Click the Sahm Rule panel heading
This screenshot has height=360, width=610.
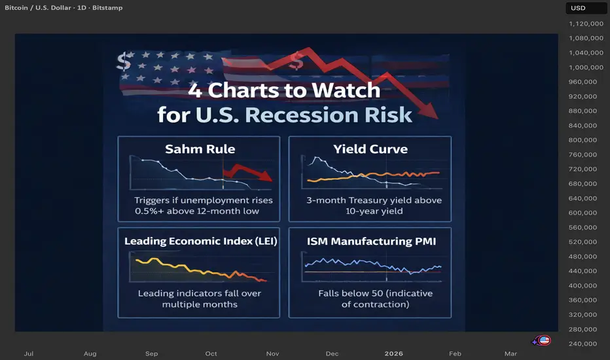click(200, 149)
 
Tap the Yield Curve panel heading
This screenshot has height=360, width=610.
click(370, 149)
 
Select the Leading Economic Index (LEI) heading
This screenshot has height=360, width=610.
click(200, 241)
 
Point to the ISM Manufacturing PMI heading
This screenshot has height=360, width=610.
click(370, 241)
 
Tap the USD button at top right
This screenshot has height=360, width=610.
click(579, 8)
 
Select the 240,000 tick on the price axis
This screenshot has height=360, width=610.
click(583, 344)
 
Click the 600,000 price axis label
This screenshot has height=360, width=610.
click(583, 213)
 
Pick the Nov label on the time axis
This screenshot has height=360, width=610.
click(272, 353)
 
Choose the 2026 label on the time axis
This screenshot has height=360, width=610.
click(394, 353)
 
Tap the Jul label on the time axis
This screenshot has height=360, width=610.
click(29, 353)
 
